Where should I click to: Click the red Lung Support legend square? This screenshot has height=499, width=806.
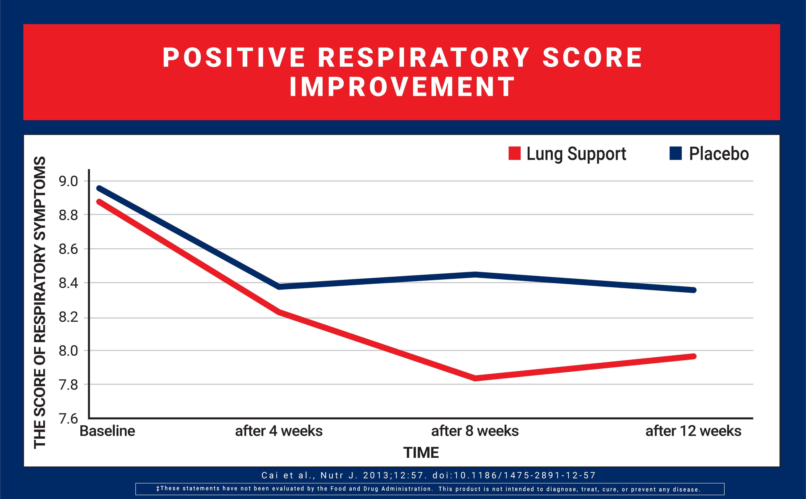[x=514, y=153]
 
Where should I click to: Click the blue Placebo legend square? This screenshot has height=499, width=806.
[x=676, y=153]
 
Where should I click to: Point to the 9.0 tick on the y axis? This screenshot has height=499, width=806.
[x=68, y=181]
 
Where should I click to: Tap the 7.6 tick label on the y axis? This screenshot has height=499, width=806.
[x=68, y=419]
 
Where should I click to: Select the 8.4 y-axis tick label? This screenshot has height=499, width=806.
[x=68, y=283]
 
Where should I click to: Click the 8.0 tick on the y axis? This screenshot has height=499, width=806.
[x=68, y=351]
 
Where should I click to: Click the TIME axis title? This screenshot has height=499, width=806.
[x=421, y=452]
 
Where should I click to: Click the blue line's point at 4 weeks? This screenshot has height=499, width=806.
[x=279, y=287]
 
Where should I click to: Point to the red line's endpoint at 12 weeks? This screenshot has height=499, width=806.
[x=694, y=356]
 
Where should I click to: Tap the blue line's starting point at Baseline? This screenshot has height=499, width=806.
[x=98, y=188]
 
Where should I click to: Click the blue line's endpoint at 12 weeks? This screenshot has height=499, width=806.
[x=694, y=290]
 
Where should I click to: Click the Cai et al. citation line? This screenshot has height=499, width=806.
[x=429, y=475]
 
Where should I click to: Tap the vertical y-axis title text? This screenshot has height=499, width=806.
[x=39, y=302]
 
